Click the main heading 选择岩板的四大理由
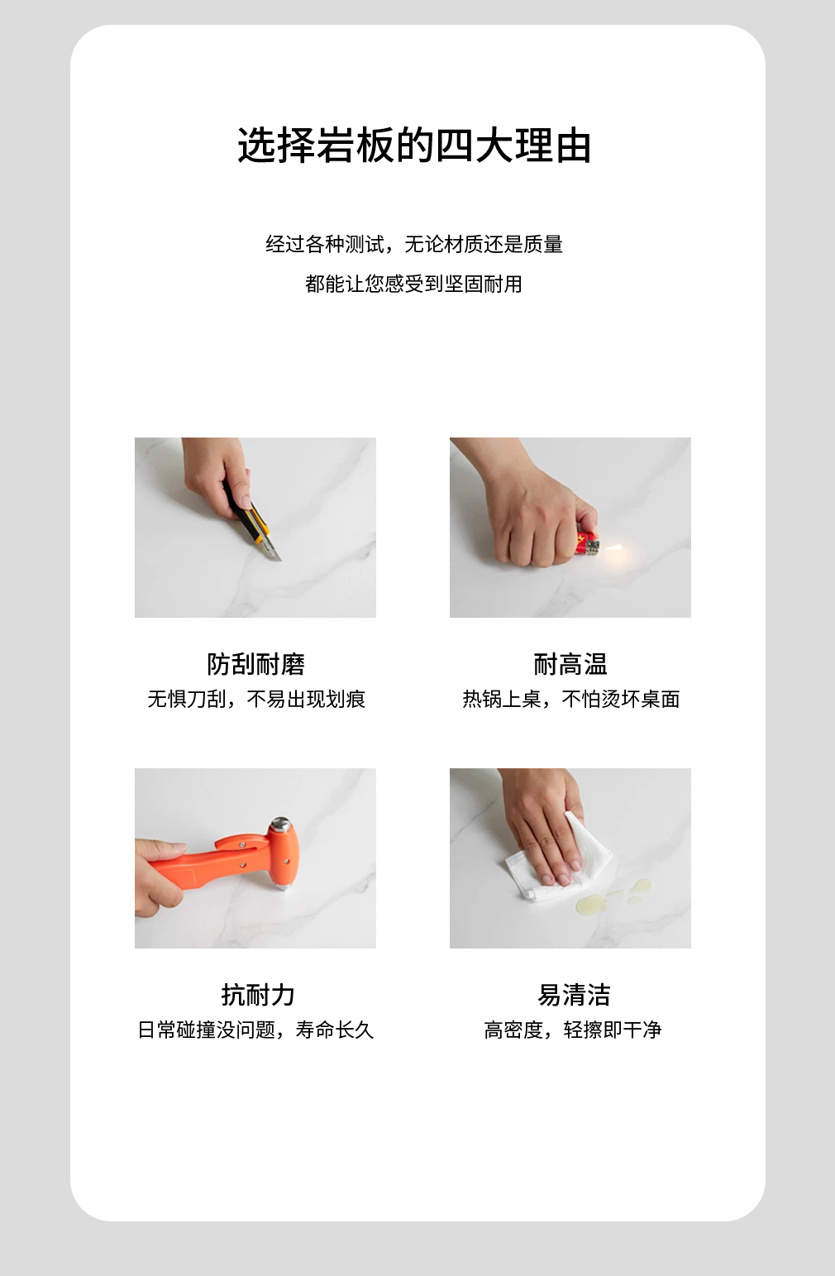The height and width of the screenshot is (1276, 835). point(414,146)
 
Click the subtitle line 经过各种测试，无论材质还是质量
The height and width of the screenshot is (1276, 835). point(414,245)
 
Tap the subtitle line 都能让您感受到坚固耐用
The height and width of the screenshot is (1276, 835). point(414,284)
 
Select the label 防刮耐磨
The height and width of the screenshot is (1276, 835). point(255,663)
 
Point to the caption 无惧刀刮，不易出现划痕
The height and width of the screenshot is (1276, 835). point(255,699)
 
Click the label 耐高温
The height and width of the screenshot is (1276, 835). point(570,663)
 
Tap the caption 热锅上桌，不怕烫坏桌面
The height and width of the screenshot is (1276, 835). point(570,699)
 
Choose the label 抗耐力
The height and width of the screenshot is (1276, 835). point(257,995)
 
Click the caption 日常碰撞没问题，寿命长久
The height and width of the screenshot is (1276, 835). point(255,1030)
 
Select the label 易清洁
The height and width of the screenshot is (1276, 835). point(574,995)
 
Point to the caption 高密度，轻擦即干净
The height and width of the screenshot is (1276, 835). point(572,1030)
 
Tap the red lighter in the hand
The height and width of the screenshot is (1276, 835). point(587,543)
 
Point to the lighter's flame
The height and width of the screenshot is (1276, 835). point(613,550)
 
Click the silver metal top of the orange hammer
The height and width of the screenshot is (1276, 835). point(279,824)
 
